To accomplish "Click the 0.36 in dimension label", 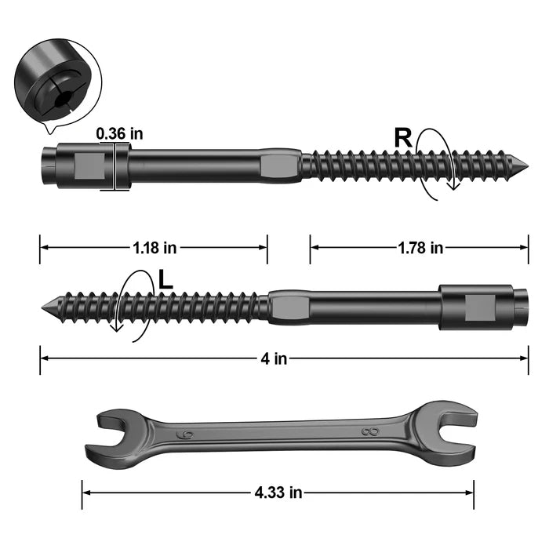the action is coord(119,134).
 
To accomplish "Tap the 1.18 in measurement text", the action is coord(155,248).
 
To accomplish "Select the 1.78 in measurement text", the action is coord(420,248).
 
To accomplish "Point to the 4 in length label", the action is coord(274,358).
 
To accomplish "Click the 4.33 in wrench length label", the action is coord(278,493).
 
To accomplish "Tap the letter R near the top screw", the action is coord(403,138).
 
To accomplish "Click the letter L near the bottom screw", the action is coord(165,280).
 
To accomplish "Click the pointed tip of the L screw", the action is coord(42,307).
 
